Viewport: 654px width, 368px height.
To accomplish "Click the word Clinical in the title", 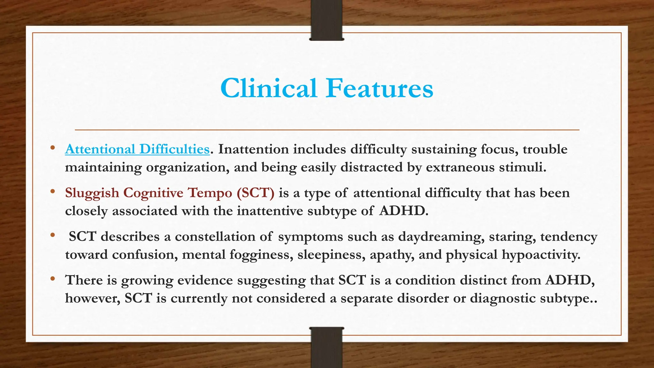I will (268, 88).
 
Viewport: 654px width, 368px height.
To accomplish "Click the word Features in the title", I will (379, 88).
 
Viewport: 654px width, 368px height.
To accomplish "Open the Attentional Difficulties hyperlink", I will (137, 149).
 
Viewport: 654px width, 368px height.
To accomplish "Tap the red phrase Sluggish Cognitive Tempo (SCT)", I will (170, 193).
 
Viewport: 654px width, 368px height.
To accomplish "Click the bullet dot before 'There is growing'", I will (52, 279).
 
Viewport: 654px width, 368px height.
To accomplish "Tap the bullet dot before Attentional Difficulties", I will (52, 148).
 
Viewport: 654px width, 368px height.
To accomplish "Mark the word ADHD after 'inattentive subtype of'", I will (403, 211).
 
